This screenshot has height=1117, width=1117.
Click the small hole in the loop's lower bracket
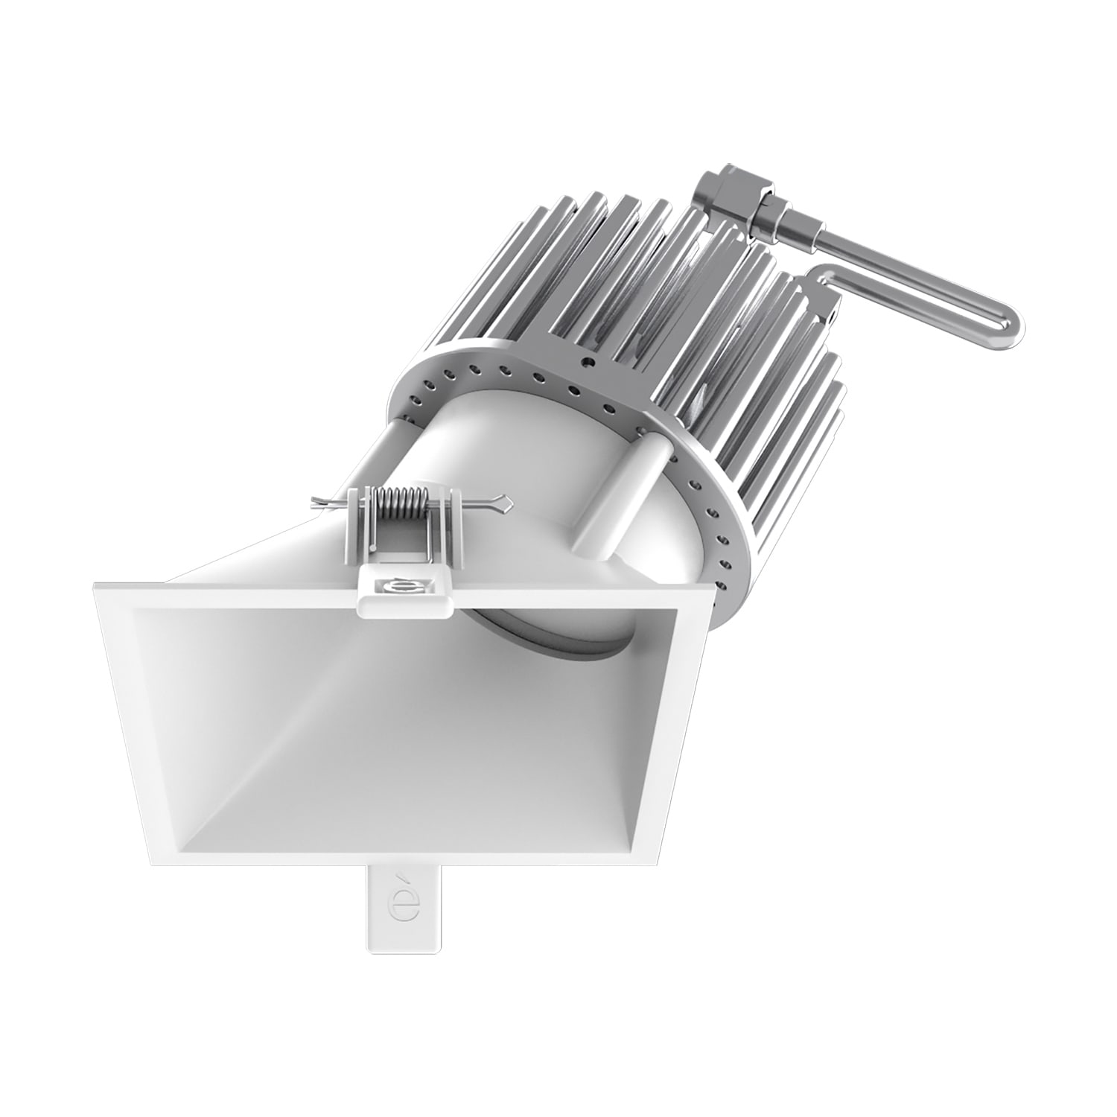[x=830, y=316]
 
